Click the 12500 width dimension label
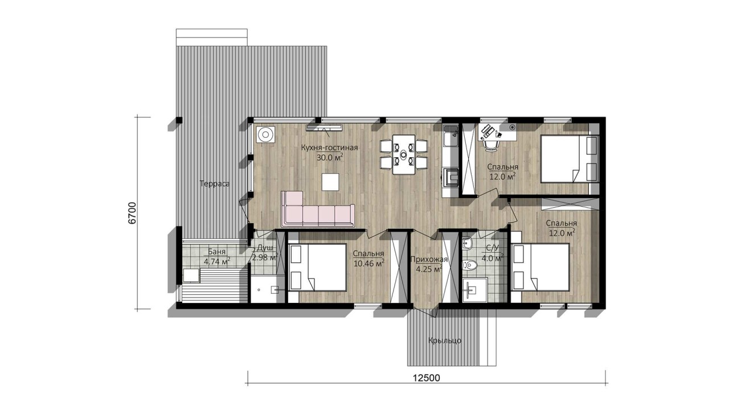(x=427, y=378)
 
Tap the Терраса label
(x=215, y=183)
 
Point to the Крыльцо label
(x=445, y=341)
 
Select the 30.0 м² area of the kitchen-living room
(x=330, y=158)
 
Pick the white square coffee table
(x=330, y=182)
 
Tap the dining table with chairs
(x=404, y=154)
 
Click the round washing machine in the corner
(x=265, y=134)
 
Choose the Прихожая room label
(x=429, y=259)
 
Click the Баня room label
(x=217, y=252)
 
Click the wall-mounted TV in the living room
(x=324, y=127)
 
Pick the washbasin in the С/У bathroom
(x=468, y=243)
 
